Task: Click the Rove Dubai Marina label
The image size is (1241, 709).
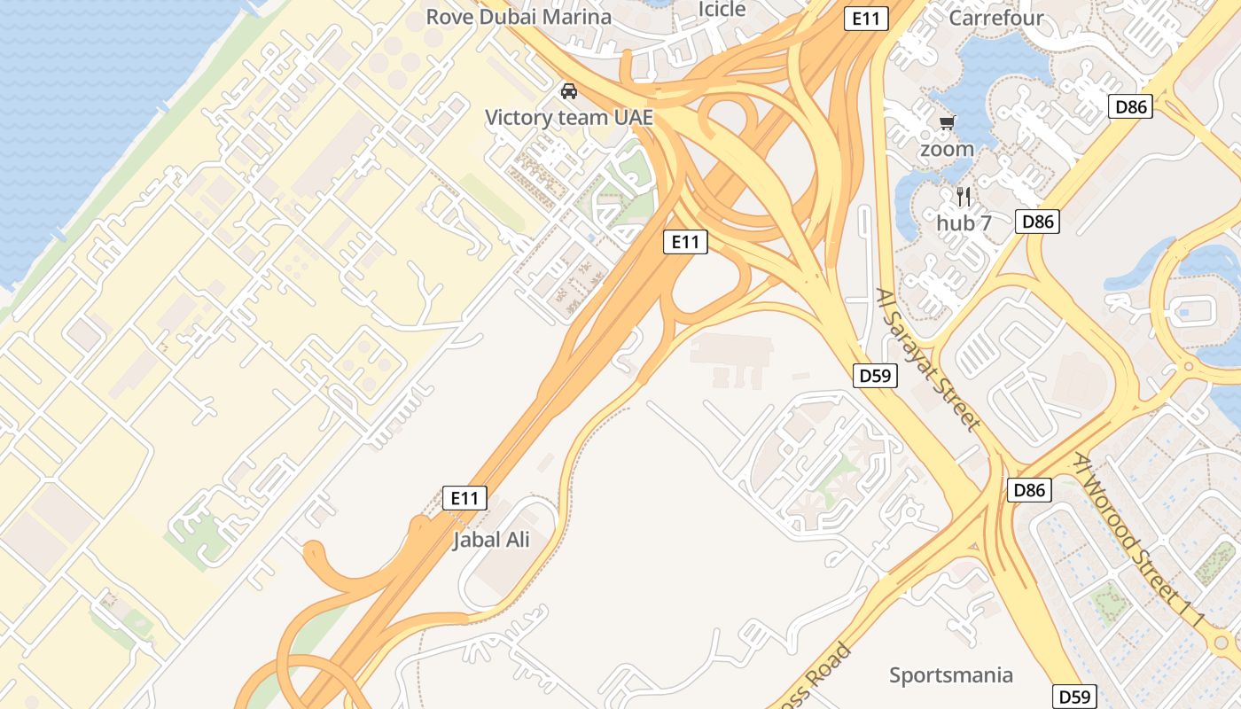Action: pyautogui.click(x=519, y=17)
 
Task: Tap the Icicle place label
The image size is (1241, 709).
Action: pyautogui.click(x=722, y=9)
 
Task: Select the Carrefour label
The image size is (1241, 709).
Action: pyautogui.click(x=996, y=18)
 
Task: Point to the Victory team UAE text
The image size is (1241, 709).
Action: pyautogui.click(x=569, y=117)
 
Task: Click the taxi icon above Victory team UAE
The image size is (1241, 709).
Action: pyautogui.click(x=569, y=91)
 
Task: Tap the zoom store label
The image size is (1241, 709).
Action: pyautogui.click(x=947, y=149)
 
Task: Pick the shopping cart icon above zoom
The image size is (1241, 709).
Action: pyautogui.click(x=947, y=123)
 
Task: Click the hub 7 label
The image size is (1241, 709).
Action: pyautogui.click(x=964, y=222)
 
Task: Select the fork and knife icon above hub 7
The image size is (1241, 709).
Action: pyautogui.click(x=964, y=196)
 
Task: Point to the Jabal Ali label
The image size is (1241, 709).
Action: pyautogui.click(x=491, y=539)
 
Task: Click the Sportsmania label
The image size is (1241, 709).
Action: pyautogui.click(x=951, y=675)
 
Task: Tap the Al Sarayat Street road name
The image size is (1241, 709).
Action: pyautogui.click(x=928, y=358)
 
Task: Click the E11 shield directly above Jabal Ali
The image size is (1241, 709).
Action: pyautogui.click(x=464, y=498)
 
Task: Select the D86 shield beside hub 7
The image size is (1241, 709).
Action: pyautogui.click(x=1037, y=221)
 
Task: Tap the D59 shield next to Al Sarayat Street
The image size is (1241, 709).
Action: pyautogui.click(x=875, y=376)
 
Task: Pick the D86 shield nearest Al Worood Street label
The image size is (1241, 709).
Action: pyautogui.click(x=1030, y=489)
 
